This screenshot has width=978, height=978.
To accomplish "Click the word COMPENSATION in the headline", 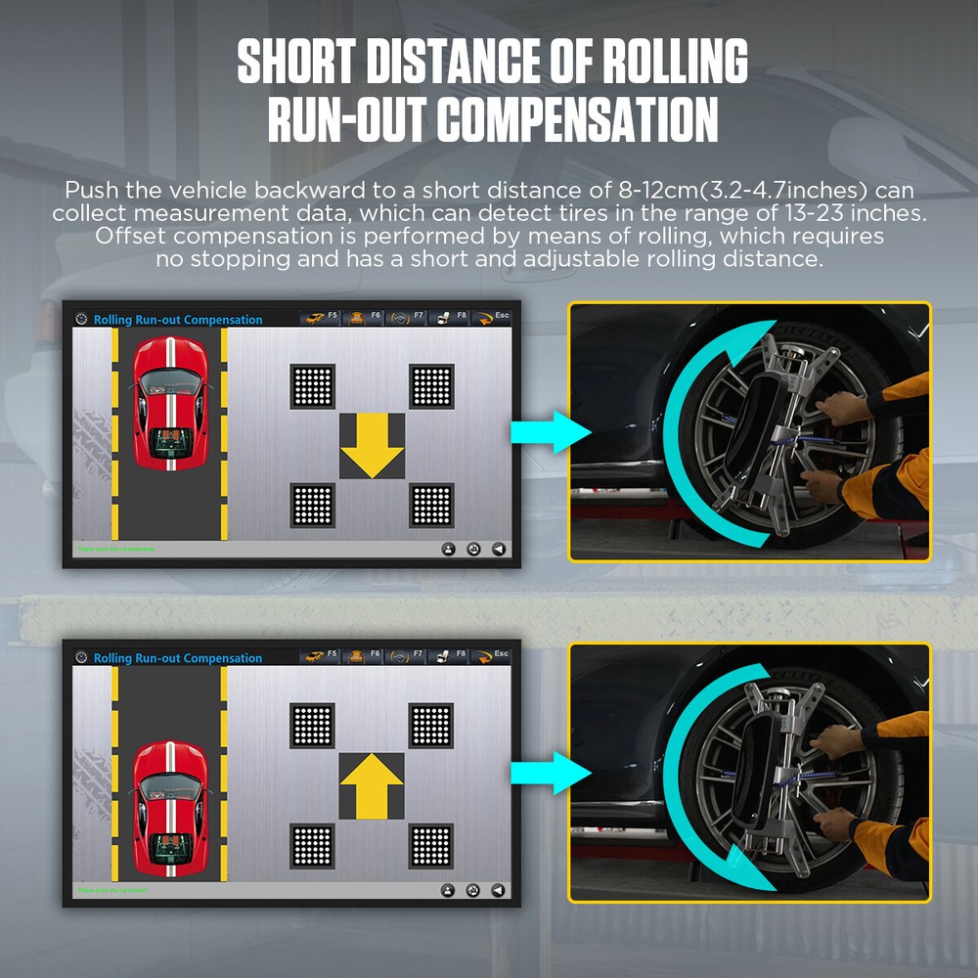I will (x=577, y=119).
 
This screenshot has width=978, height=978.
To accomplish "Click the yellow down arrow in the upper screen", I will (x=372, y=446).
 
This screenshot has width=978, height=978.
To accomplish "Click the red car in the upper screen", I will (x=169, y=402).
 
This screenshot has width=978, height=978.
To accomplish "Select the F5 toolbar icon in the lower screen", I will (x=319, y=656).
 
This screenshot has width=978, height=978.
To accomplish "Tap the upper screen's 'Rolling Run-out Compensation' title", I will (x=178, y=320).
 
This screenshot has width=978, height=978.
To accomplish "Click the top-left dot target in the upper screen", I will (x=313, y=386).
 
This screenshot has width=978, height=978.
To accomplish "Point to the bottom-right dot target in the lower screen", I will (x=431, y=846).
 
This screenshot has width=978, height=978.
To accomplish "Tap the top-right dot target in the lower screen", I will (x=431, y=725).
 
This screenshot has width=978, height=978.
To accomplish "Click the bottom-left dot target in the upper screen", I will (x=313, y=505).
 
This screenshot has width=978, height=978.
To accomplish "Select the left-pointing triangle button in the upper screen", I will (x=499, y=550).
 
